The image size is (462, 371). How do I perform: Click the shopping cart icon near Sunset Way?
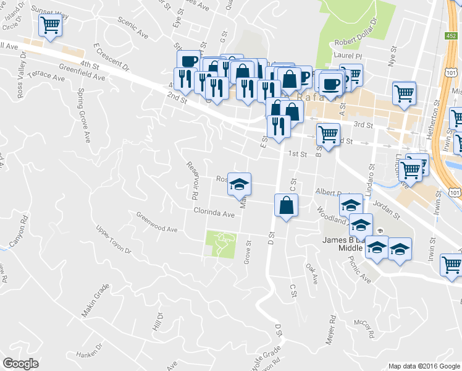click(x=50, y=26)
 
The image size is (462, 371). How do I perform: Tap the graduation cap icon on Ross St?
click(x=239, y=184)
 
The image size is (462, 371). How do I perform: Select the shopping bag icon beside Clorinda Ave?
click(x=286, y=205)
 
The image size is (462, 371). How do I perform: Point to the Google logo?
click(x=20, y=363)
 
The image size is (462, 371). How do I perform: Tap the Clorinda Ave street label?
click(x=214, y=213)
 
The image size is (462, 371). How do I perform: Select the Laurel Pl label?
click(x=346, y=55)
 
